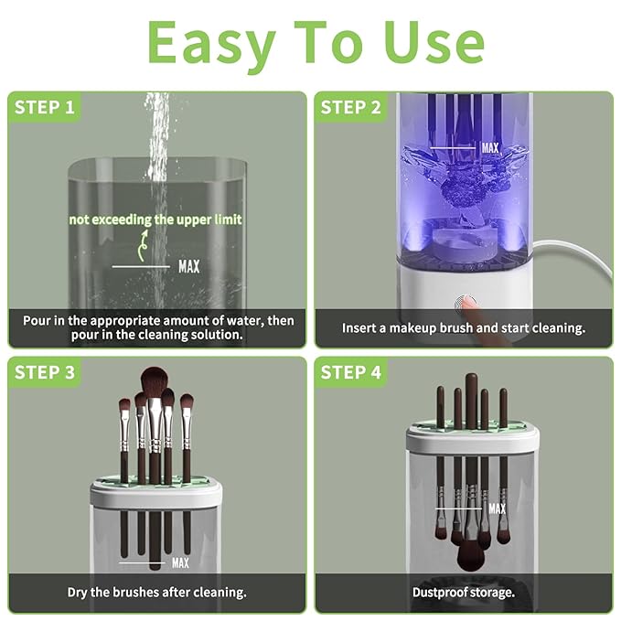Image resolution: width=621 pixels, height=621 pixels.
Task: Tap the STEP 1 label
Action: [x=44, y=108]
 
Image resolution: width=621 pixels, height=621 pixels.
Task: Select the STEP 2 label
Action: [x=350, y=108]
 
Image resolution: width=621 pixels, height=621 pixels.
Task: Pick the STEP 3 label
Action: [x=44, y=372]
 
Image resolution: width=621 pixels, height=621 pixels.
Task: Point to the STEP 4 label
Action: [x=350, y=372]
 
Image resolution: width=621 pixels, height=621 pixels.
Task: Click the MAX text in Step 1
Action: [x=188, y=267]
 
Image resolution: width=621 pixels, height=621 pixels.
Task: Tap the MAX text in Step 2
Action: [x=490, y=147]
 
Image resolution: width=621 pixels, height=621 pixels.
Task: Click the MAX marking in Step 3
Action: [x=179, y=562]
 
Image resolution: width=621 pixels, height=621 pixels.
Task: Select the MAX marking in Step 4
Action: [x=497, y=509]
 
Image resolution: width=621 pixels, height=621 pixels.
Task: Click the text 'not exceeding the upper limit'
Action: [x=155, y=219]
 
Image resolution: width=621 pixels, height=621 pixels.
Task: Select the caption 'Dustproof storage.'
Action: [x=463, y=592]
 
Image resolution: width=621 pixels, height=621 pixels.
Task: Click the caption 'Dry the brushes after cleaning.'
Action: [x=156, y=592]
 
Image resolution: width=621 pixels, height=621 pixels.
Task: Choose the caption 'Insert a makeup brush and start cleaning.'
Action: [x=463, y=327]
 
